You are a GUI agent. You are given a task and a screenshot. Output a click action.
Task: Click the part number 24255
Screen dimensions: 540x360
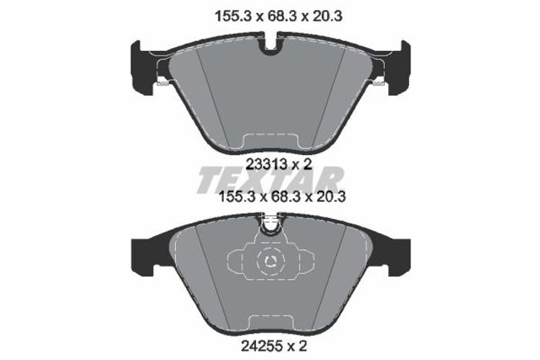click(261, 345)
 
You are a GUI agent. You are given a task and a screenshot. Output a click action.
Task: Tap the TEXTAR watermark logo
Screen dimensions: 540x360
click(270, 180)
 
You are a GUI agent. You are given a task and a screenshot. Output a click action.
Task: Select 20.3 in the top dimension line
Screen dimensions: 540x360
click(328, 16)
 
